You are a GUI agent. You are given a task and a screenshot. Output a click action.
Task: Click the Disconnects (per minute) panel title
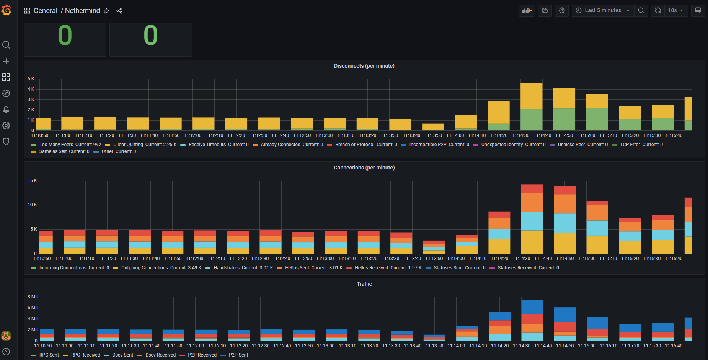[364, 66]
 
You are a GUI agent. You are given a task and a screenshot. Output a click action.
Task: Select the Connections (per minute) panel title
[364, 168]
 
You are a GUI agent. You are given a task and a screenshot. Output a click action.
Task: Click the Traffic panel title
[364, 284]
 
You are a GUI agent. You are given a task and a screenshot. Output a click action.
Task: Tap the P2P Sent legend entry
[238, 355]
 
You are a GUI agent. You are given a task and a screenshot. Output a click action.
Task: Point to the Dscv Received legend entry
[160, 355]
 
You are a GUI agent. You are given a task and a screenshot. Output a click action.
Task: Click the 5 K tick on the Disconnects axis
[31, 79]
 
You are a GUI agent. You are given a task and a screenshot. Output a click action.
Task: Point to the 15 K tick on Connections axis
[32, 181]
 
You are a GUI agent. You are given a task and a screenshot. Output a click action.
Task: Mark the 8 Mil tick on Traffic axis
[33, 297]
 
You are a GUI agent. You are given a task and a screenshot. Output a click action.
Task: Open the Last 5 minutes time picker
[603, 11]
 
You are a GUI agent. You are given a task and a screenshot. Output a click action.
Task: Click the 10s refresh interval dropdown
[676, 11]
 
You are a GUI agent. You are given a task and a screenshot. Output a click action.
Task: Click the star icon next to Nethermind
[106, 11]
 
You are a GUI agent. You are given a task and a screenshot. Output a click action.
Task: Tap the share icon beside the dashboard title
[119, 11]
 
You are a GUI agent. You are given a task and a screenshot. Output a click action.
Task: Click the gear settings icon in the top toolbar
[561, 11]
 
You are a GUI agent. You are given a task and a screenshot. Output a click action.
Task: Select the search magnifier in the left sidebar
[6, 45]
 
